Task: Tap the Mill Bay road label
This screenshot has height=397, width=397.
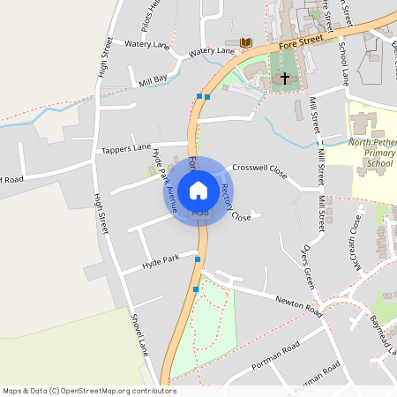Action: click(x=153, y=79)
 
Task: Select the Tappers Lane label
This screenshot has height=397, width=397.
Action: click(x=126, y=149)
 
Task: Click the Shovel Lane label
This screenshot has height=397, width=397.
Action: click(x=139, y=335)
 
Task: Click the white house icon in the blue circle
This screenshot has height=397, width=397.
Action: click(x=198, y=190)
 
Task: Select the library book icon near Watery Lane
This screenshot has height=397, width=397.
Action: click(x=245, y=42)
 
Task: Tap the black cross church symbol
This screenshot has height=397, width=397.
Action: click(x=284, y=79)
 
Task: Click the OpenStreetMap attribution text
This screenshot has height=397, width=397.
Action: click(x=89, y=391)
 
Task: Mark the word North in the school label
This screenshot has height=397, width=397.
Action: click(x=362, y=142)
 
